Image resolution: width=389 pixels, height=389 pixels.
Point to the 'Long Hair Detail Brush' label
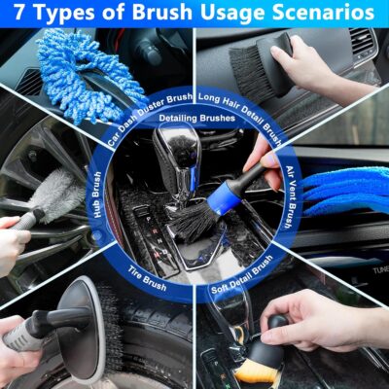pyautogui.click(x=238, y=101)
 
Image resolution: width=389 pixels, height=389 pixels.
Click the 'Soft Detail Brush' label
pyautogui.click(x=243, y=276)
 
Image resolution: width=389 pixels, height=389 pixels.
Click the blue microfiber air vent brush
pyautogui.click(x=340, y=190)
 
